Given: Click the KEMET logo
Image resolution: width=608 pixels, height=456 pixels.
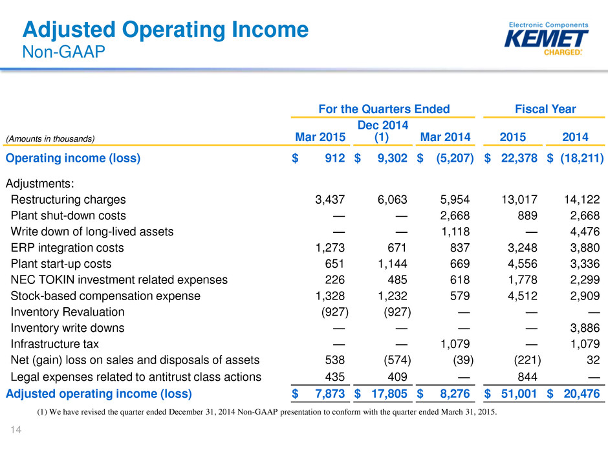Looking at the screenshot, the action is pos(546,38).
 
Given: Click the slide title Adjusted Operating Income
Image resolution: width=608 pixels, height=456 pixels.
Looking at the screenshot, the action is pos(166,30).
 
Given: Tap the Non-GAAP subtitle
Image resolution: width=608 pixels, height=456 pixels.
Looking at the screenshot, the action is pos(63,52).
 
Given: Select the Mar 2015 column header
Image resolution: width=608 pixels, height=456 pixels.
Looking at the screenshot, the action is pos(320,137).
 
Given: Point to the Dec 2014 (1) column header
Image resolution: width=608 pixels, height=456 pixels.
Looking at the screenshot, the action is pos(383,131).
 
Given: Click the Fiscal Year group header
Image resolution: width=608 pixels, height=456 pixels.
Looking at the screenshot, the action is pos(545,109).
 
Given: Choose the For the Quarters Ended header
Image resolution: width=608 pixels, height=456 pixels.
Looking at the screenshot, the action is pos(384,109).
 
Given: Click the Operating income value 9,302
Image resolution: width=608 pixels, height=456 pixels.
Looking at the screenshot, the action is pos(393,158).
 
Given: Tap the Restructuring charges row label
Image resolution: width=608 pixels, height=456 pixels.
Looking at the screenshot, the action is pos(69,199).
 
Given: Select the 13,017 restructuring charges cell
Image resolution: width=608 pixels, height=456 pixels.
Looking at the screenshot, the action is pos(519,199).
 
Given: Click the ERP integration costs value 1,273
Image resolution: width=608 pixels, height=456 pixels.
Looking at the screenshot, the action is pos(330,247).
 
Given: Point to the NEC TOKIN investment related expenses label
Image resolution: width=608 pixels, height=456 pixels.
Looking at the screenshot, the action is pos(119,279).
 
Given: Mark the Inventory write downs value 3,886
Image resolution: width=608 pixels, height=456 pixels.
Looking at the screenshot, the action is pos(585,328).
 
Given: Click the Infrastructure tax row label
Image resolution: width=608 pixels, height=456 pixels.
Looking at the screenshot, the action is pos(55,344).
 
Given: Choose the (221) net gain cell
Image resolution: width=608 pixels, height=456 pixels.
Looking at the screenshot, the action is pos(527,360).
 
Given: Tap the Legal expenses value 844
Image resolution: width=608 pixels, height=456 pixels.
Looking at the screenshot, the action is pos(527,376).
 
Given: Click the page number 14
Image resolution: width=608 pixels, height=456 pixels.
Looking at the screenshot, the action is pos(16,429).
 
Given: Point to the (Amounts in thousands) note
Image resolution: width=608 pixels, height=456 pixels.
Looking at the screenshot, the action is pos(50,139).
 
